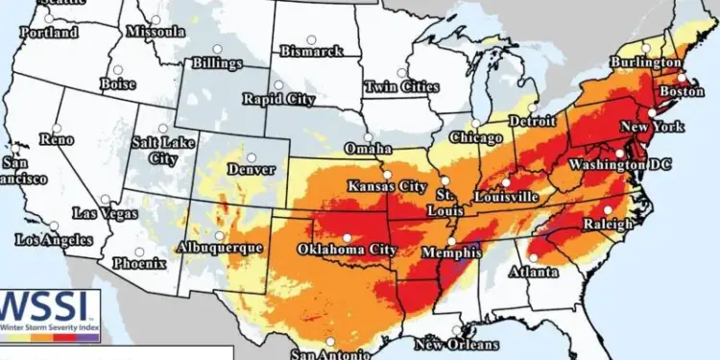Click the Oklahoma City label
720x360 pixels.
[349, 250]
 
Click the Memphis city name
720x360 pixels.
[450, 252]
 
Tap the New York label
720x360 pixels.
[651, 127]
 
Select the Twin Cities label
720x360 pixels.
[401, 87]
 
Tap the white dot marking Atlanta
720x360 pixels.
[534, 257]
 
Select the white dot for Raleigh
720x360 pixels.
[608, 209]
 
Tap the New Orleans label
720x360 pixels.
[457, 344]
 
